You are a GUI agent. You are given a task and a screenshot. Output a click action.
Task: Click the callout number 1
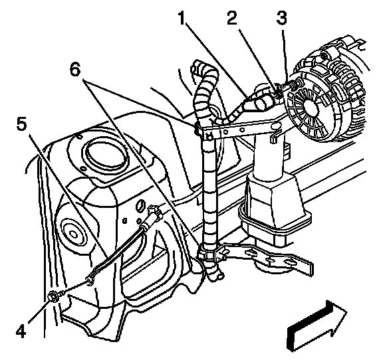pos(182,19)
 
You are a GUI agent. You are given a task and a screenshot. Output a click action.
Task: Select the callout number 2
pos(231,19)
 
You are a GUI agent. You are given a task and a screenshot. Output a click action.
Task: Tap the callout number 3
pos(282,19)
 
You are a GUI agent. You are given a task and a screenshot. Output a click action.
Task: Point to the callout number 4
pos(21,331)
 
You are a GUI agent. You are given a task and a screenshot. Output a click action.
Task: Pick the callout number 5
pos(21,124)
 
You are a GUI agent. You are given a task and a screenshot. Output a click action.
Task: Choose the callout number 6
pos(75,70)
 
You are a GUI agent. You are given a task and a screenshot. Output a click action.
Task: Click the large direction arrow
pos(317,326)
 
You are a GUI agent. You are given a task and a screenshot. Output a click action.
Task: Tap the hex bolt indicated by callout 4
pos(54,297)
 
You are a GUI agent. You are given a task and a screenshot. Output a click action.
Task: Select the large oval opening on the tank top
pos(106,155)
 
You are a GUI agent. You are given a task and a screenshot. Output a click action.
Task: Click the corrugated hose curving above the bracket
pos(205,92)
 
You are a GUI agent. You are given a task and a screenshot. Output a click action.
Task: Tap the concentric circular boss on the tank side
pos(73,234)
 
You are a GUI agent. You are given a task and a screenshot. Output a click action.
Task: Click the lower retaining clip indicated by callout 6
pos(206,254)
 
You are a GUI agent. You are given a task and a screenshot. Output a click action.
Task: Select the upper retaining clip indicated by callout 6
pos(197,129)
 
